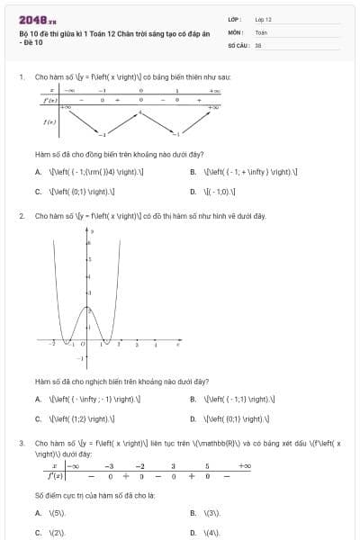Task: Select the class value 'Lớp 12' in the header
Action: tap(264, 19)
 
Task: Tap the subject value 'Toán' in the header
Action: tap(261, 31)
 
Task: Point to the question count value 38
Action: tap(258, 44)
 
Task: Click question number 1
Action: tap(21, 77)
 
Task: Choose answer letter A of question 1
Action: tap(38, 171)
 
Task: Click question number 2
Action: tap(21, 216)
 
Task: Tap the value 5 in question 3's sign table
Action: tap(206, 466)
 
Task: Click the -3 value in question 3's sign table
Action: tap(108, 466)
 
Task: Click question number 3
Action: tap(21, 444)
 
